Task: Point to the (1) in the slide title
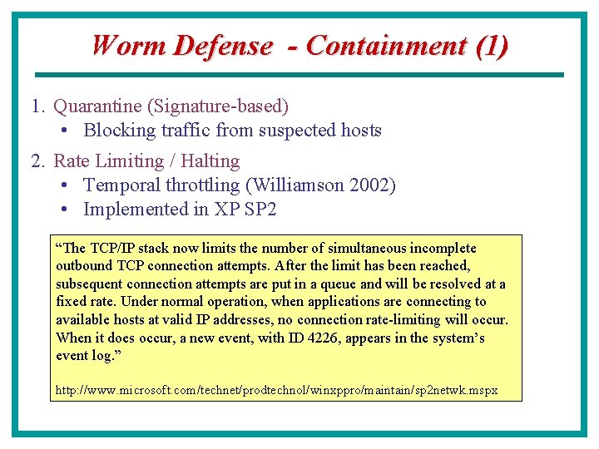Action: [492, 46]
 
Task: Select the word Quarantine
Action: [97, 106]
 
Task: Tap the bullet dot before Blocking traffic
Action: [65, 131]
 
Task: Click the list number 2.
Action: [37, 161]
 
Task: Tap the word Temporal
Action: [120, 185]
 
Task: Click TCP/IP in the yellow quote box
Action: [111, 249]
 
